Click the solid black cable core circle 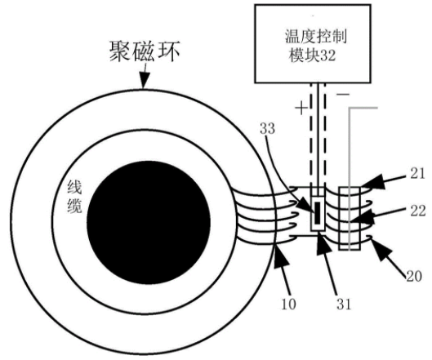coord(149,222)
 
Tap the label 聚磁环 coord(145,51)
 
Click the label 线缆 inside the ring coord(74,197)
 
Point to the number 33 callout coord(268,129)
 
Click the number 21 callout coord(417,174)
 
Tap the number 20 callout coord(414,276)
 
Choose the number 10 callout coord(288,304)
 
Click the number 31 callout coord(344,304)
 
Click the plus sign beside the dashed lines coord(301,108)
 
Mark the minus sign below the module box coord(343,95)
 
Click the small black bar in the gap coord(318,213)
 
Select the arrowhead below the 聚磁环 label coord(144,81)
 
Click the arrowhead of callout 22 coord(362,216)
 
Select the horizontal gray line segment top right coord(363,108)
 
